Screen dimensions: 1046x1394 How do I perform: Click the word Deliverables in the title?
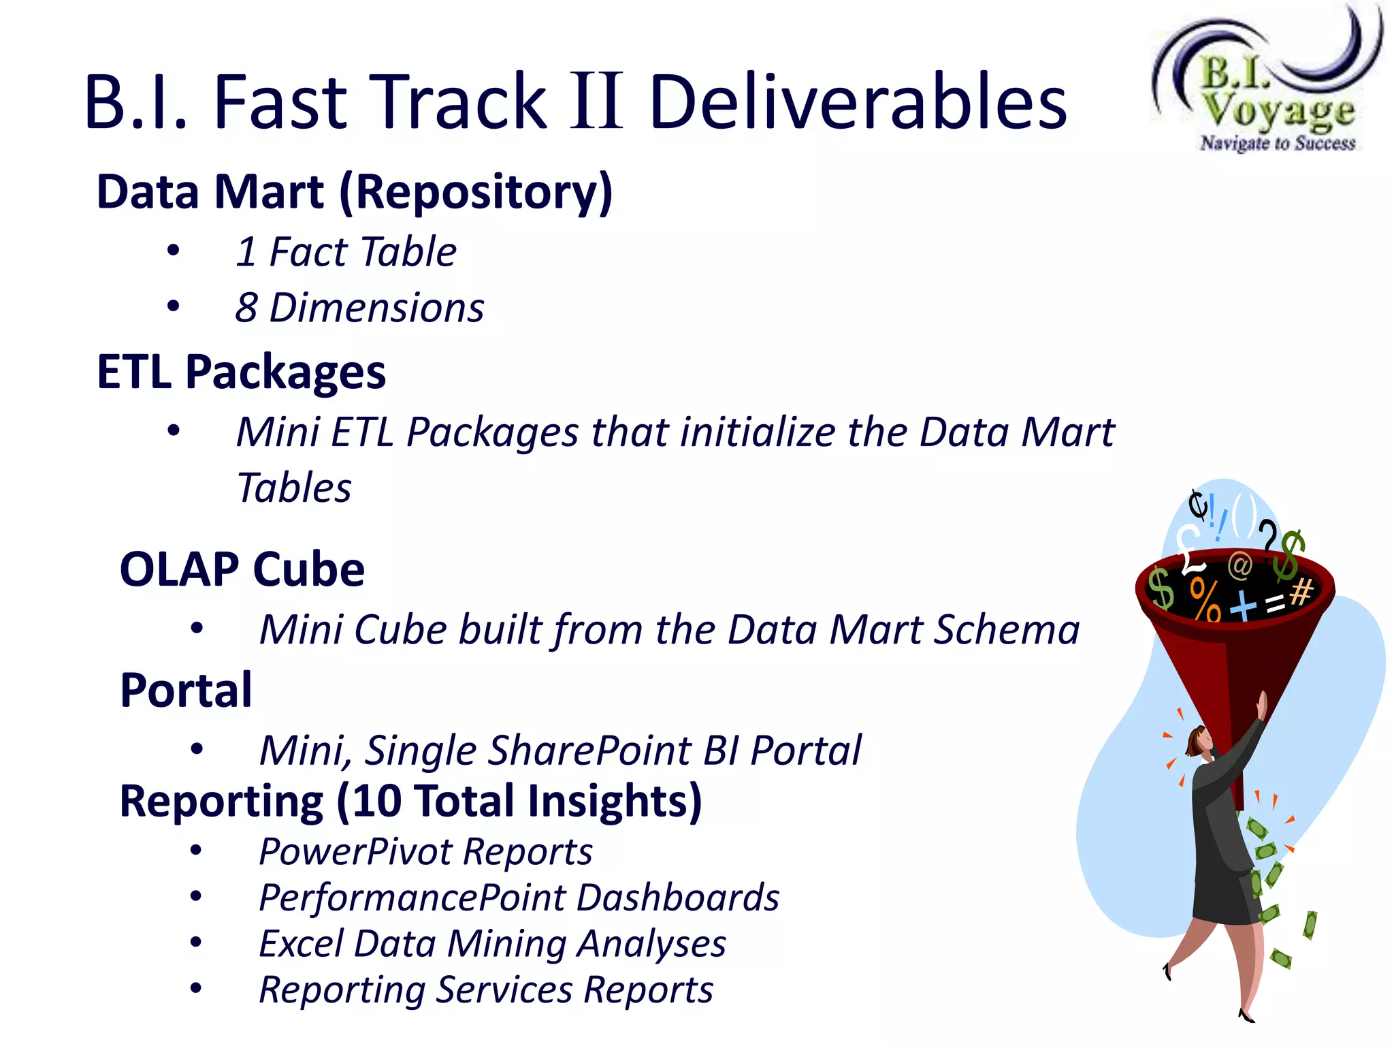(x=858, y=102)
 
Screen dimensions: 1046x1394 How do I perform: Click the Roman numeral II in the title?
(x=596, y=102)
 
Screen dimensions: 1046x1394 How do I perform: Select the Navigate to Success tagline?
(x=1278, y=143)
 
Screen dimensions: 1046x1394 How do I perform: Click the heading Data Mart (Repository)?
(x=355, y=193)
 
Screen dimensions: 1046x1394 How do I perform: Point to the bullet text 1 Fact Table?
(x=346, y=252)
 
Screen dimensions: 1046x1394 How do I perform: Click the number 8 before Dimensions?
(x=246, y=308)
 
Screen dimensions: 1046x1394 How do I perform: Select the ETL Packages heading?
(x=242, y=373)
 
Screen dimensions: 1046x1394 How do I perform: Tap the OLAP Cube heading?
(x=242, y=569)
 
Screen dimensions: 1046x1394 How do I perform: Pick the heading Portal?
(x=186, y=691)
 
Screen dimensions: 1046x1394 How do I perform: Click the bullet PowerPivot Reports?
(x=425, y=852)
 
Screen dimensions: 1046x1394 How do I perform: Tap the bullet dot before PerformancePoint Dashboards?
(x=196, y=897)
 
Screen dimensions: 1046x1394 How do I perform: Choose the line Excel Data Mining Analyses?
(x=492, y=945)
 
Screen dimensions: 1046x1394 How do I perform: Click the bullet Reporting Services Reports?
(x=486, y=990)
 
